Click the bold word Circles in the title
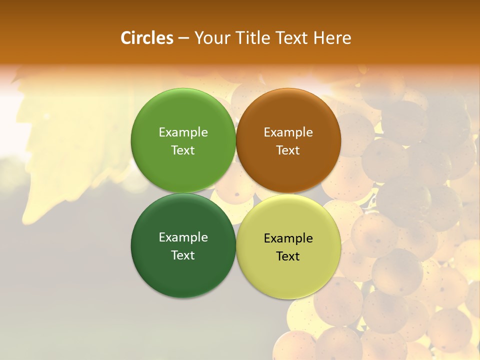(147, 38)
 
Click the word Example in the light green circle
(183, 132)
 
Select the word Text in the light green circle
(183, 150)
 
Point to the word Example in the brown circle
(288, 132)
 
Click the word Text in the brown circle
(288, 150)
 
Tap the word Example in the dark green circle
(183, 237)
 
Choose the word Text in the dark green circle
(183, 255)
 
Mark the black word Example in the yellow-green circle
(288, 238)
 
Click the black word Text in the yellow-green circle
(288, 256)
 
